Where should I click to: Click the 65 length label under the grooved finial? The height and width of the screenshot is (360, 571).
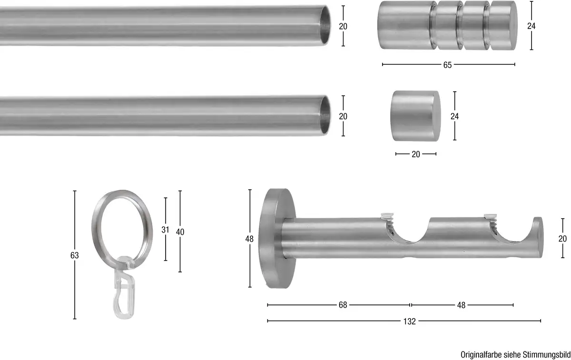click(447, 65)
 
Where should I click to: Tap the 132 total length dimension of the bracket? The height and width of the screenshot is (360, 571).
click(409, 321)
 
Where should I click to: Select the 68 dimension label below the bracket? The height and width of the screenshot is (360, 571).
click(343, 305)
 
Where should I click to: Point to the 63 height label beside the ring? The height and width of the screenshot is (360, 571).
click(74, 255)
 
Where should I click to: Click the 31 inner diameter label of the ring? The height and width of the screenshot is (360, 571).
click(165, 230)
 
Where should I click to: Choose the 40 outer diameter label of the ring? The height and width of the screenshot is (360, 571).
click(180, 232)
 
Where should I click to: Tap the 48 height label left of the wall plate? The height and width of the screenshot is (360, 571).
click(249, 239)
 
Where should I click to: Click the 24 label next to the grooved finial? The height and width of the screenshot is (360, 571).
click(531, 26)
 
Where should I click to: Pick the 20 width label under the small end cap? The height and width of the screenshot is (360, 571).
click(416, 154)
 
